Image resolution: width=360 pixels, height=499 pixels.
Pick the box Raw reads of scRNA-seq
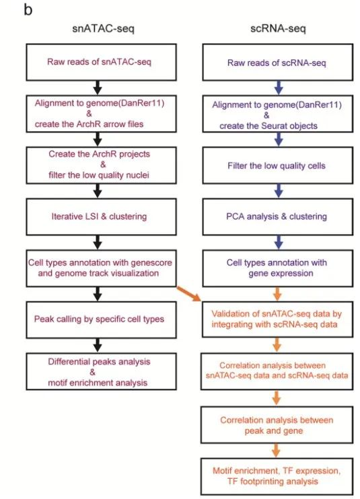(x=276, y=62)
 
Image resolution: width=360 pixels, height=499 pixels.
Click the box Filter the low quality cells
(x=276, y=165)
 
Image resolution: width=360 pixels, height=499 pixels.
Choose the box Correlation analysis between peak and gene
(x=276, y=425)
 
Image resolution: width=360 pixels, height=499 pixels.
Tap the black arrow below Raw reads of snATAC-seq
(x=98, y=85)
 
